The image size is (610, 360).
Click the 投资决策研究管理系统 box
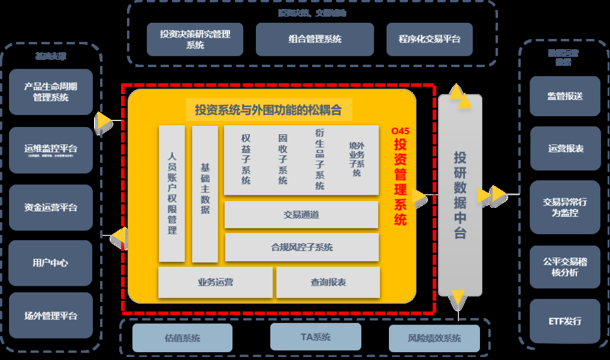tap(195, 40)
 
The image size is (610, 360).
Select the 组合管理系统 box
tap(315, 40)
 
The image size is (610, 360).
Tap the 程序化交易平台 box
tap(429, 40)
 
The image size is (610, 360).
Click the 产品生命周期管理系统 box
tap(51, 92)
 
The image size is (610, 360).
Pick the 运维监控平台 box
tap(51, 150)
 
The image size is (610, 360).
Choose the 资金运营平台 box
tap(51, 207)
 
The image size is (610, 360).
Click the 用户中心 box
tap(51, 263)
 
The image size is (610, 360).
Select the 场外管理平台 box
tap(51, 316)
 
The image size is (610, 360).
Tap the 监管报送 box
tap(565, 96)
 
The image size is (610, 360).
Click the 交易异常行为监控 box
tap(565, 207)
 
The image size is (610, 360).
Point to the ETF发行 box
tap(565, 321)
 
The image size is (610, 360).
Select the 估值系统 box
tap(182, 338)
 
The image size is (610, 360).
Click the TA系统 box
tap(315, 337)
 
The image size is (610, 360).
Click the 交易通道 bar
tap(301, 215)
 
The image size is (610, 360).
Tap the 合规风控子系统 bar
tap(301, 247)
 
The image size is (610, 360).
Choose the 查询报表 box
tap(328, 282)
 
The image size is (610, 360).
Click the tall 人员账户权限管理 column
tap(172, 193)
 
